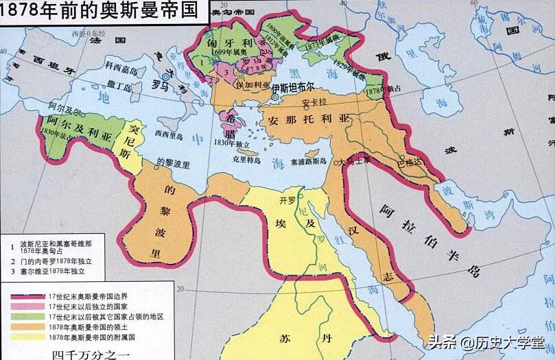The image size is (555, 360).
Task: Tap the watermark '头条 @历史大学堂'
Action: [489, 341]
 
